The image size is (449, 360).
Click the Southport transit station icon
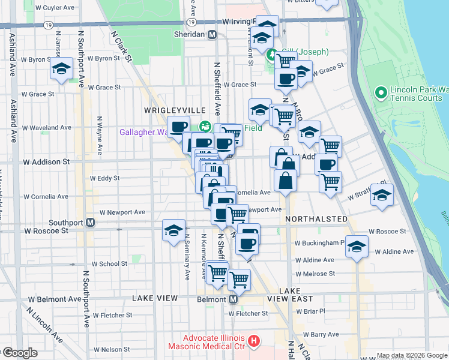click(91, 223)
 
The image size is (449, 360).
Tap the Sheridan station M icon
click(212, 35)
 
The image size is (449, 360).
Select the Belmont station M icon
click(234, 299)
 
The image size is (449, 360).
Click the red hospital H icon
click(254, 341)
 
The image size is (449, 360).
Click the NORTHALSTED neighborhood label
click(316, 219)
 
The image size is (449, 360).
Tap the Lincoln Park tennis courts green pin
click(380, 93)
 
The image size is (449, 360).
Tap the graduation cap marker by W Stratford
click(382, 196)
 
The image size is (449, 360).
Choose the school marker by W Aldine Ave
click(357, 247)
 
